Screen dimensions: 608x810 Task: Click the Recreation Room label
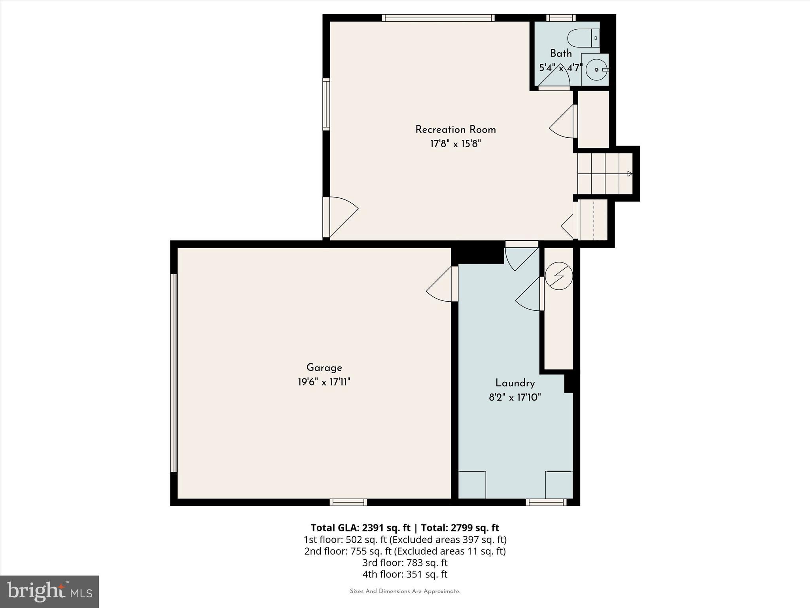455,129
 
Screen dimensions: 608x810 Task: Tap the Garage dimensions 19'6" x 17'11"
324,382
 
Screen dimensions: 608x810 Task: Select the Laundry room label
515,383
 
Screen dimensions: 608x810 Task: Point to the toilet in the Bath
583,38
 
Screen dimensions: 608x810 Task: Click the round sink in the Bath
596,70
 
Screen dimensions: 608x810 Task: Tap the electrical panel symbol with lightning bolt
558,276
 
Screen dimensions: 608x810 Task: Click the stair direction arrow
629,173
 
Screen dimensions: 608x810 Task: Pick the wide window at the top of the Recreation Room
438,18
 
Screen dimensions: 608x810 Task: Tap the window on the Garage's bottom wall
348,502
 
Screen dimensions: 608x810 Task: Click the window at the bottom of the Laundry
546,502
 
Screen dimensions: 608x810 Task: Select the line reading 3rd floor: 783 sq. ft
405,562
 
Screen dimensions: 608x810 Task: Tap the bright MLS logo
49,592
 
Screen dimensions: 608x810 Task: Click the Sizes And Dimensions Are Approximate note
405,591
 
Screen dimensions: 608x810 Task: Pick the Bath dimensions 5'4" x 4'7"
560,68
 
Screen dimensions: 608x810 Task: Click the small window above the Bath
561,18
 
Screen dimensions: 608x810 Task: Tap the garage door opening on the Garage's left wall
174,372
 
